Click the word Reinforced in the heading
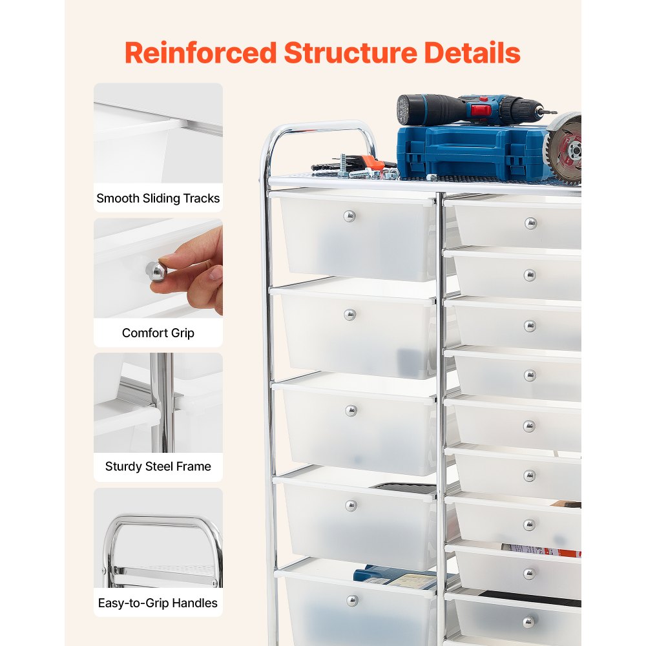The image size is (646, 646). (x=201, y=53)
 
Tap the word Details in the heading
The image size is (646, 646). (x=472, y=53)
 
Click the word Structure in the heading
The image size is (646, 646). (x=350, y=53)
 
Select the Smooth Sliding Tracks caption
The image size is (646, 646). (x=158, y=198)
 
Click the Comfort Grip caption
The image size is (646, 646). (x=158, y=333)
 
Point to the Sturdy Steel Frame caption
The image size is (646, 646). (x=158, y=466)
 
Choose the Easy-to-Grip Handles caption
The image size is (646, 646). (x=158, y=603)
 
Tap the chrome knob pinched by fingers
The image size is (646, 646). (x=156, y=271)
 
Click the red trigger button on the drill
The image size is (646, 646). (x=481, y=110)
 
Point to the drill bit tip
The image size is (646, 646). (x=555, y=112)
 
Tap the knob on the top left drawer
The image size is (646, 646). (x=349, y=216)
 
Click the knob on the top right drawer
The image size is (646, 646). (x=530, y=224)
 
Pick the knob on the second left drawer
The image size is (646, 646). (x=349, y=315)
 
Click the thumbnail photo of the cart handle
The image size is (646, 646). (x=158, y=538)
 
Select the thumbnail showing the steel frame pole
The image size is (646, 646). (x=158, y=403)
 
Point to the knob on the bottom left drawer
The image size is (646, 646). (x=352, y=601)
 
